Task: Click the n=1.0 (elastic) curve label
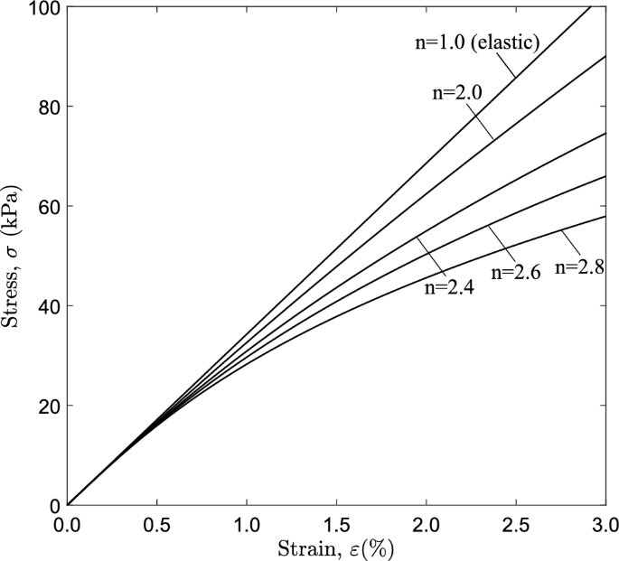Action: (x=472, y=43)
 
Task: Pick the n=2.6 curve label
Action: (x=515, y=272)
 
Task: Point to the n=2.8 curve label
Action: (x=579, y=266)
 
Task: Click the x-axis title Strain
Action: (x=336, y=547)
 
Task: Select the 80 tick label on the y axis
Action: (x=46, y=108)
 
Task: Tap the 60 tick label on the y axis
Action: (x=46, y=207)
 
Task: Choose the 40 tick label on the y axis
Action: (x=46, y=306)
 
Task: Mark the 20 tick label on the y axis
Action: (x=46, y=406)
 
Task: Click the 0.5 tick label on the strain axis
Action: (x=157, y=525)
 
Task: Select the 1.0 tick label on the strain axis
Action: (x=247, y=525)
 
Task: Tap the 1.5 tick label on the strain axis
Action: (x=336, y=525)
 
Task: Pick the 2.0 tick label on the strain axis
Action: (x=426, y=525)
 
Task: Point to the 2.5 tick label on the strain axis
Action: (x=515, y=525)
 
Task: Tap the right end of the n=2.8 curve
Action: (x=605, y=217)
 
